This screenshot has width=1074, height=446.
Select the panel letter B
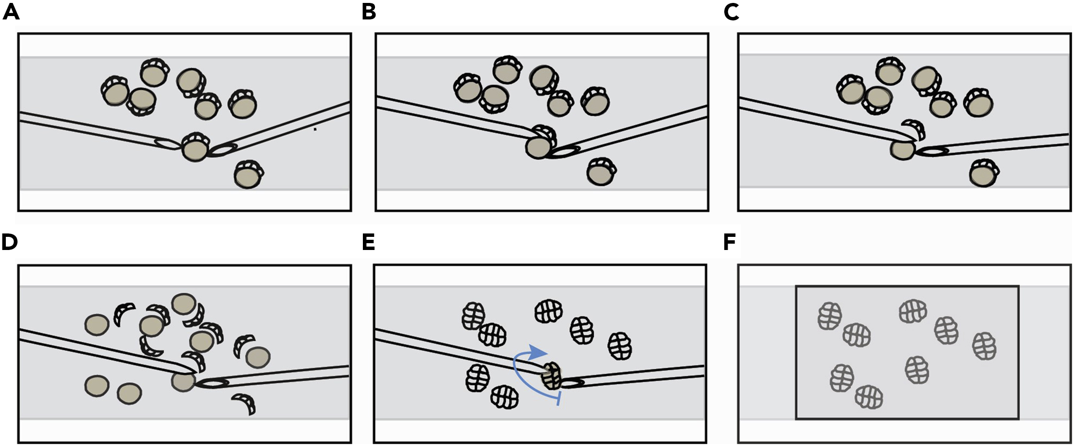click(x=369, y=12)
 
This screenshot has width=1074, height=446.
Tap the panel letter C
click(x=731, y=12)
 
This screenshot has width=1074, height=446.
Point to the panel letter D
click(x=10, y=242)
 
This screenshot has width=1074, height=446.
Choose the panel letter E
click(x=368, y=242)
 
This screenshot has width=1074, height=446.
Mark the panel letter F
click(x=730, y=242)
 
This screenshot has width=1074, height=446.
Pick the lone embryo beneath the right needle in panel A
click(x=248, y=175)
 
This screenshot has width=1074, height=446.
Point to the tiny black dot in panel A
click(x=315, y=129)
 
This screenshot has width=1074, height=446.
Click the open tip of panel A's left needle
click(x=165, y=143)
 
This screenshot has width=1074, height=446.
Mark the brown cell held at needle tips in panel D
click(x=183, y=380)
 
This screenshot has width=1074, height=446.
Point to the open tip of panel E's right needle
click(x=573, y=383)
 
